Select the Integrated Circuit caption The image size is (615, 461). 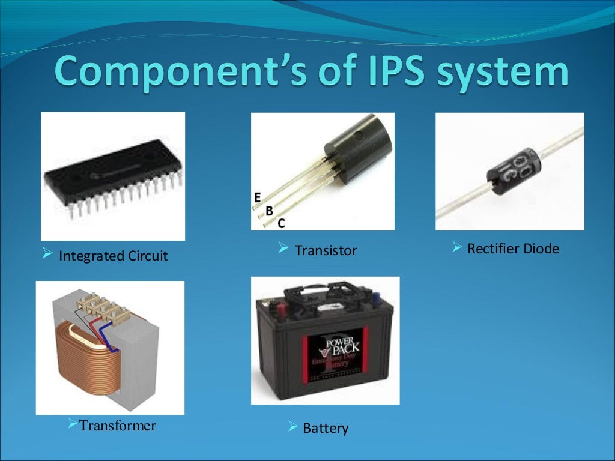[x=113, y=256]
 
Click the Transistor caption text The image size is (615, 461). [x=326, y=250]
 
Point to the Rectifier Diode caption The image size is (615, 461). [x=513, y=248]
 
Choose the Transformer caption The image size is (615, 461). [x=117, y=426]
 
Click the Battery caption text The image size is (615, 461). [x=326, y=429]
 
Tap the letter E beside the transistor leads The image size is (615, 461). [x=257, y=197]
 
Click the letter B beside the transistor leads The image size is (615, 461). [x=269, y=211]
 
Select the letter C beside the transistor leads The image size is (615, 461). [x=281, y=224]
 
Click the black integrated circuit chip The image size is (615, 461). [x=111, y=171]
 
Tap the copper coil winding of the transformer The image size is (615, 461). [x=84, y=355]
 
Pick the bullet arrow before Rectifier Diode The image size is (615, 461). [x=457, y=247]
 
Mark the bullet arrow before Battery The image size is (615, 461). [x=292, y=427]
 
